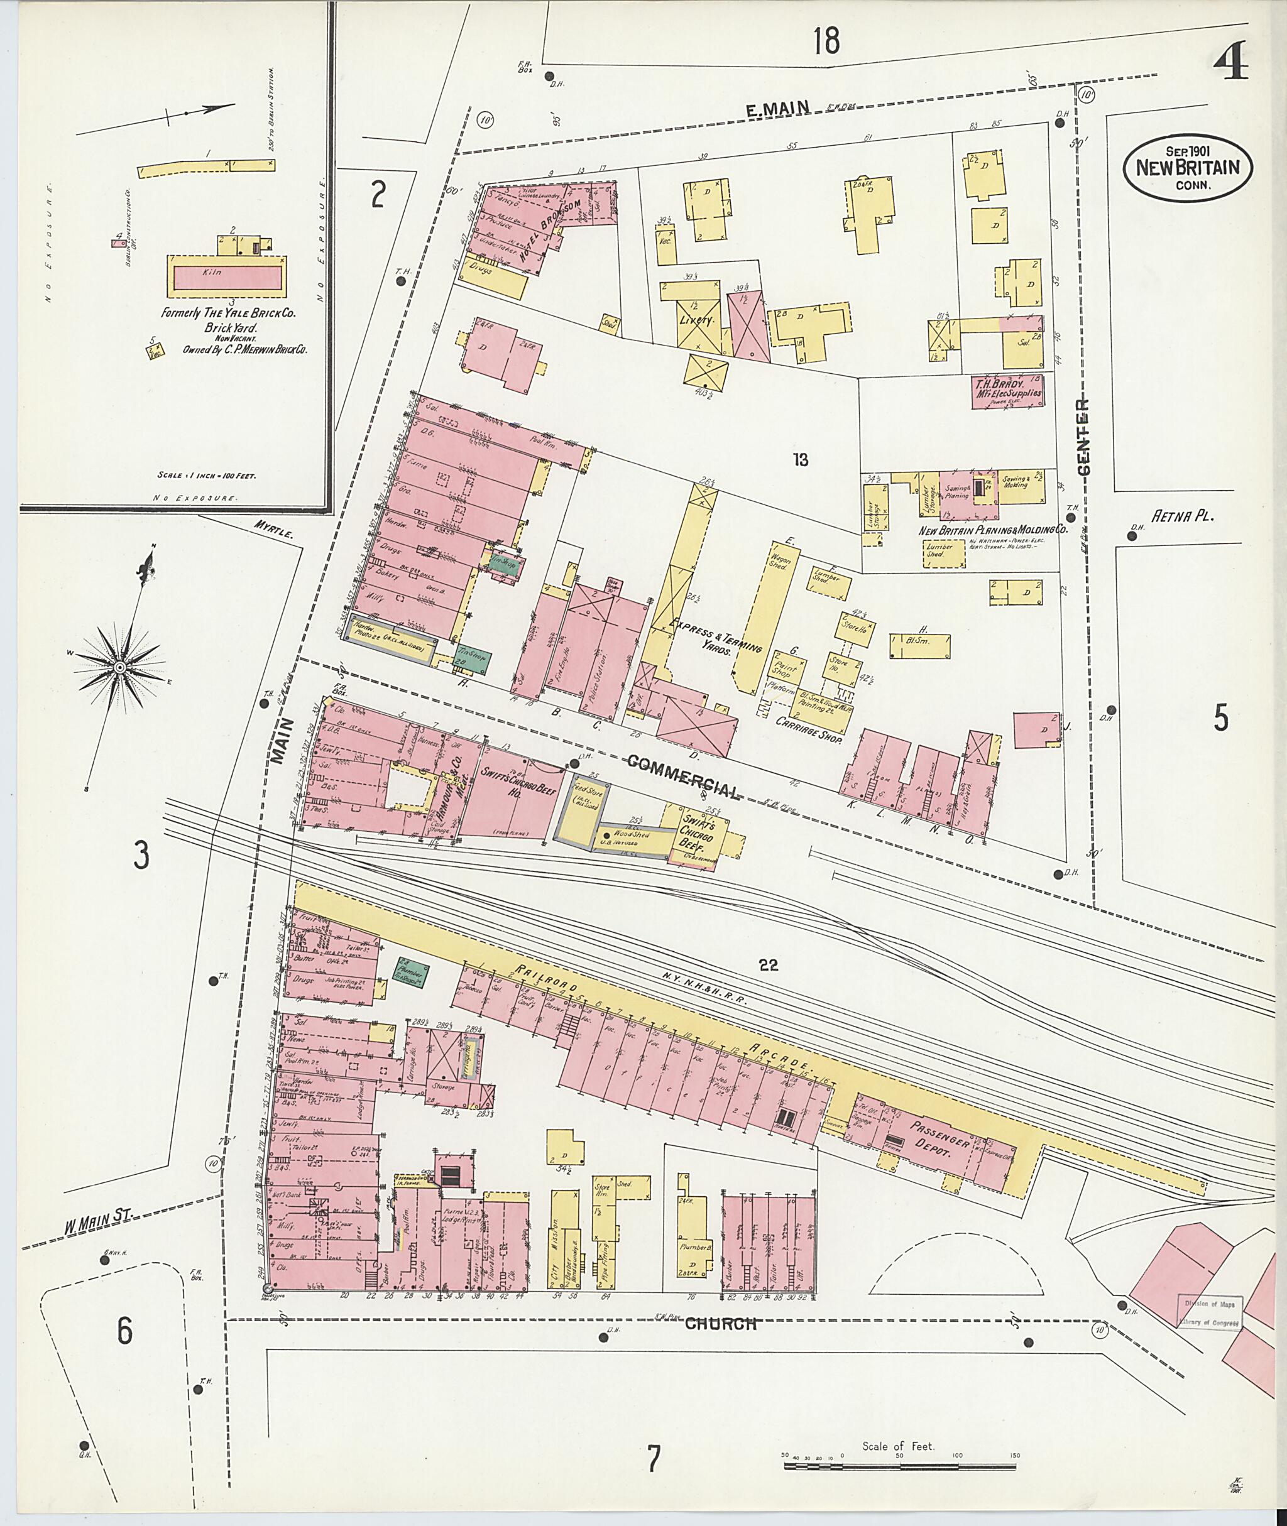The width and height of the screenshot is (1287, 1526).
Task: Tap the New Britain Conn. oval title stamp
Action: tap(1188, 168)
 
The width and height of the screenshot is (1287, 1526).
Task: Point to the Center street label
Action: tap(1083, 438)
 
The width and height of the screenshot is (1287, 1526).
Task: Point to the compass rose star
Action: tap(118, 667)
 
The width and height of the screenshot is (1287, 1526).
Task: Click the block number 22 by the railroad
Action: tap(767, 965)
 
